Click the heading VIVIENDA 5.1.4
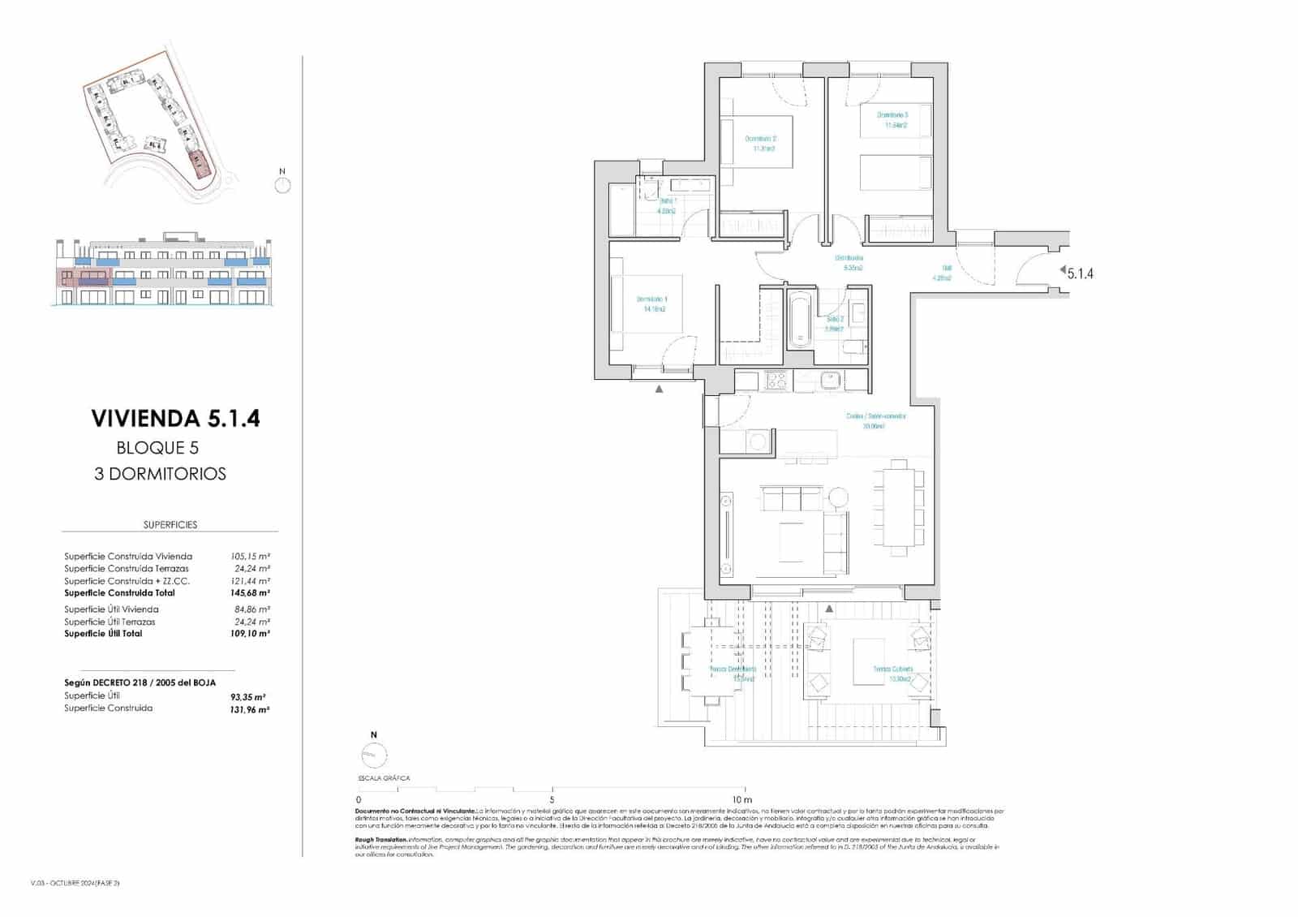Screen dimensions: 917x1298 pos(175,419)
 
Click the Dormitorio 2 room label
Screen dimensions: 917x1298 pos(760,143)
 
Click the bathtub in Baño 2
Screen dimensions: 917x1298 pos(799,321)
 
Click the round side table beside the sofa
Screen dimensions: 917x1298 pos(838,496)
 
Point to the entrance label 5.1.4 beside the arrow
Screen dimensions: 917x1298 pos(1080,274)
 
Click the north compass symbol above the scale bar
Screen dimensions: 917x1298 pos(374,754)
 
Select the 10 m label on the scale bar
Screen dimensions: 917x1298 pos(741,799)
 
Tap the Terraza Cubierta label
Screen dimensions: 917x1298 pos(892,674)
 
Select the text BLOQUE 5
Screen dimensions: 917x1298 pos(157,448)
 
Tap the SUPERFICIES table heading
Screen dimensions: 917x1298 pos(170,525)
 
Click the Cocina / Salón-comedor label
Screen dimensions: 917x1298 pos(875,420)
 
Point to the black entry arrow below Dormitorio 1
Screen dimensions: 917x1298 pos(660,390)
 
